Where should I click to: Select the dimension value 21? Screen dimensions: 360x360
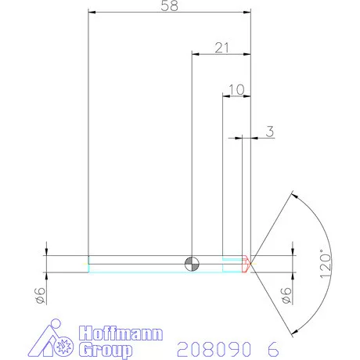click(221, 48)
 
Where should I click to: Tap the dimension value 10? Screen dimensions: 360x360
click(236, 90)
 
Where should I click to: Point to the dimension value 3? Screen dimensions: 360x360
click(269, 131)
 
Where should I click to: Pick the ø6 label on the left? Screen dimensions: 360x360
click(37, 295)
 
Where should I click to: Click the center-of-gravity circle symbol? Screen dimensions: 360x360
click(191, 263)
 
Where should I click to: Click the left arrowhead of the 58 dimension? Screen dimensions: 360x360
click(92, 13)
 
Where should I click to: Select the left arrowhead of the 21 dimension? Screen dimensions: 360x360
click(196, 54)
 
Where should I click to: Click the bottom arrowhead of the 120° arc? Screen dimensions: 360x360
click(295, 330)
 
